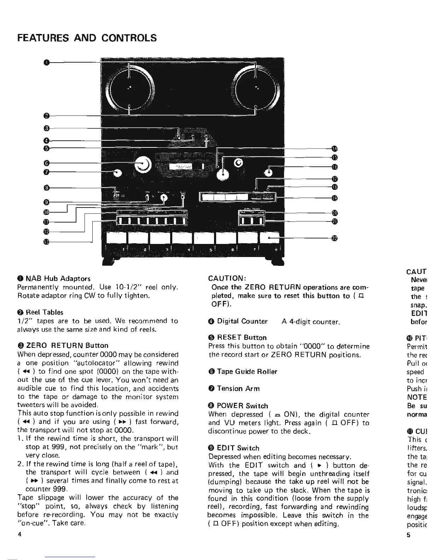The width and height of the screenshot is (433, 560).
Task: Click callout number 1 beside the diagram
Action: point(46,63)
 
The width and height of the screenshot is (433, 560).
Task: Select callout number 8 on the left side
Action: point(46,187)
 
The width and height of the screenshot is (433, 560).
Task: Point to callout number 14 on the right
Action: point(334,148)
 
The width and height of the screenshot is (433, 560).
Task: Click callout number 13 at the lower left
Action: point(46,242)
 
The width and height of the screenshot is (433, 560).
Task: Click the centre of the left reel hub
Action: point(130,87)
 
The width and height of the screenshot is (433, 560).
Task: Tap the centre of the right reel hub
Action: point(256,87)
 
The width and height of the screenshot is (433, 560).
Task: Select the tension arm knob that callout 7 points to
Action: point(117,173)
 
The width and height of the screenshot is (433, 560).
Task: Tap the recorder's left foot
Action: point(109,262)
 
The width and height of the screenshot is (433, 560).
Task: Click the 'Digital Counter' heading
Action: point(242,321)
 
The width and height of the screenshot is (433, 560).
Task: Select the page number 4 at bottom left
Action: point(20,535)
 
